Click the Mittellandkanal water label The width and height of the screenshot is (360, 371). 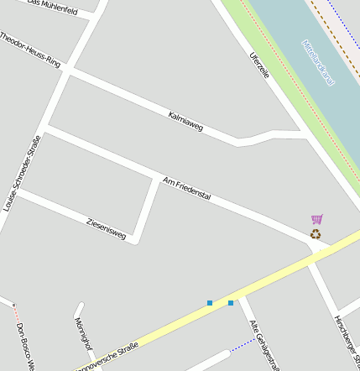pyautogui.click(x=318, y=63)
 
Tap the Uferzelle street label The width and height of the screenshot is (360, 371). pyautogui.click(x=259, y=65)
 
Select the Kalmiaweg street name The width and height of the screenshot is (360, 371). pyautogui.click(x=185, y=121)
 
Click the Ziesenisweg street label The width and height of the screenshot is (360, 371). pyautogui.click(x=106, y=228)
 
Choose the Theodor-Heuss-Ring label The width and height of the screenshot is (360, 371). pyautogui.click(x=30, y=50)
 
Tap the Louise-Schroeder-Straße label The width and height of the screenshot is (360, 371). pyautogui.click(x=23, y=172)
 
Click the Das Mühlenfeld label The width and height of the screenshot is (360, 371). pyautogui.click(x=52, y=8)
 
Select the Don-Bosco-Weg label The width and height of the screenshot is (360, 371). pyautogui.click(x=26, y=347)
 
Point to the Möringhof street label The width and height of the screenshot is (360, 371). pyautogui.click(x=82, y=333)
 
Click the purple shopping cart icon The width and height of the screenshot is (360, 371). pyautogui.click(x=316, y=220)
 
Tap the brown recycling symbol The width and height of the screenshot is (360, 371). pyautogui.click(x=316, y=234)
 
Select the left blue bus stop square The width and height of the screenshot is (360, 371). pyautogui.click(x=210, y=302)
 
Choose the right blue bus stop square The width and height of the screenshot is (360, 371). pyautogui.click(x=231, y=302)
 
